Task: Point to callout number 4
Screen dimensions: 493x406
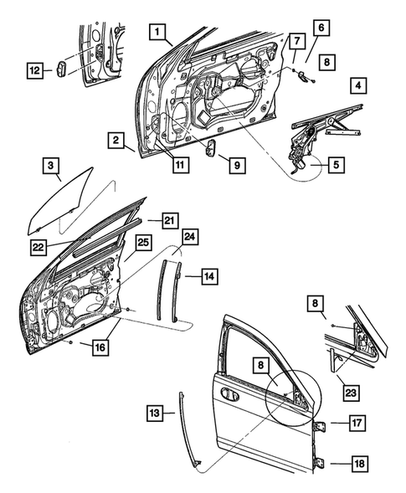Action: (357, 85)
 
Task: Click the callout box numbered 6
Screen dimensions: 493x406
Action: (321, 27)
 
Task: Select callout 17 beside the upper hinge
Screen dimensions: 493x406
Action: (356, 423)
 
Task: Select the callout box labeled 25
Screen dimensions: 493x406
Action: (143, 243)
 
